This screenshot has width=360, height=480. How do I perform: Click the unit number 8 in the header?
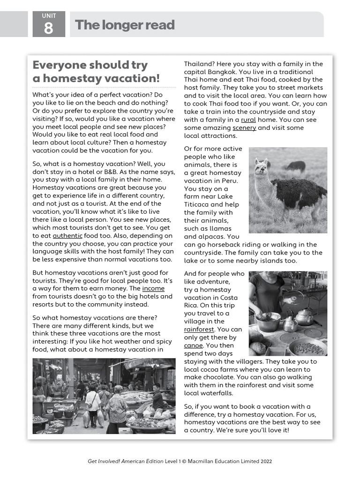(49, 29)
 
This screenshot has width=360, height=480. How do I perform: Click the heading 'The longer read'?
(125, 25)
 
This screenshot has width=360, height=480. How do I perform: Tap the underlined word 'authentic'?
(67, 235)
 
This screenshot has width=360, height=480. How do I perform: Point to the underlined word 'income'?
(153, 288)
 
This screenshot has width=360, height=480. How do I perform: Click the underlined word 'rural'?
(248, 120)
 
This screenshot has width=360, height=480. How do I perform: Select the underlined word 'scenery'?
(244, 127)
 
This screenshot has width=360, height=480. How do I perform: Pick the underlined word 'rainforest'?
(199, 329)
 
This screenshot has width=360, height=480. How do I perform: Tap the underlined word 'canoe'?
(194, 345)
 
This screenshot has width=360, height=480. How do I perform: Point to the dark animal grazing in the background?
(295, 166)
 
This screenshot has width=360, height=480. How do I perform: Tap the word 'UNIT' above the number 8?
(49, 16)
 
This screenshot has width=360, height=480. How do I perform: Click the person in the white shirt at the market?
(93, 401)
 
